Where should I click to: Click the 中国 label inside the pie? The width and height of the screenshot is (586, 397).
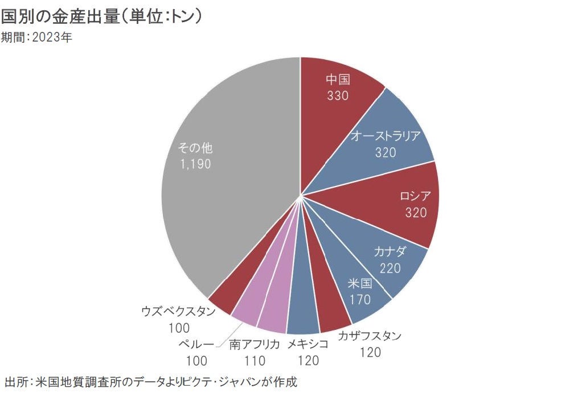(338, 80)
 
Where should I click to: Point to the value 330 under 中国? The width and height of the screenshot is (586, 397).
(338, 96)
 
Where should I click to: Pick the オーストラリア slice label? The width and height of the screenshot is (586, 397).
(386, 136)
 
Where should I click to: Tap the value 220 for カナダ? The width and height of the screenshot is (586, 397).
(390, 268)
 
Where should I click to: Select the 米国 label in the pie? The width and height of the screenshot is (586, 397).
(360, 283)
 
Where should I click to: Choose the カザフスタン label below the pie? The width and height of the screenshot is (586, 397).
(370, 336)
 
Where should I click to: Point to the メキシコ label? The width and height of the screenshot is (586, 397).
(308, 344)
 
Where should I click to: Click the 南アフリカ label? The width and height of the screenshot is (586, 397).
(255, 344)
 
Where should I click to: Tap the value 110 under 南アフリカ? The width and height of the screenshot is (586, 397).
(255, 360)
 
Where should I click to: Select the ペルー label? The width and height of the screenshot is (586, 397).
(196, 344)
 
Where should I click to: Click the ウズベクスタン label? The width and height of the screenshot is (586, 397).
(178, 312)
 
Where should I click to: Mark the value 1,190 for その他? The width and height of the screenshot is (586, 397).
(195, 164)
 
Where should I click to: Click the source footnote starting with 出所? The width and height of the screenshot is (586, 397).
(151, 381)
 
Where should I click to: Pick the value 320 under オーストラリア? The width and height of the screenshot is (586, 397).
(386, 152)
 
